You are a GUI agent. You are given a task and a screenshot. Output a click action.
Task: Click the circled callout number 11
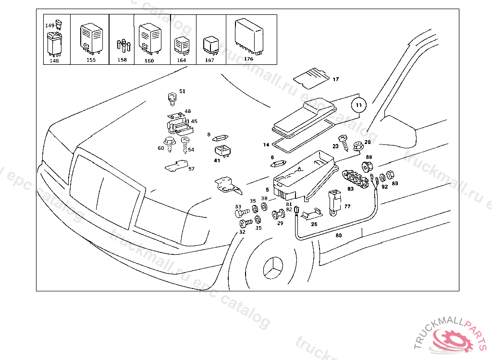[359, 104]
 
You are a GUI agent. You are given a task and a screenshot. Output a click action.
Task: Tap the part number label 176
[248, 59]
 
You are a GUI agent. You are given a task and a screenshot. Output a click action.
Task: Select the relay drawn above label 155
[91, 37]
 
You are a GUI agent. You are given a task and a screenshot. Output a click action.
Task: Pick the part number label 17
[335, 79]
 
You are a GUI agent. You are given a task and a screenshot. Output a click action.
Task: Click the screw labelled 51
[172, 98]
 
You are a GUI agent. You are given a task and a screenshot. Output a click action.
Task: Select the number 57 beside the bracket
[191, 169]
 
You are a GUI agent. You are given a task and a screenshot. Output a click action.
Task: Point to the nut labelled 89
[390, 176]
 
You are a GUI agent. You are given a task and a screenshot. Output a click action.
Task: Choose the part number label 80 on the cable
[338, 236]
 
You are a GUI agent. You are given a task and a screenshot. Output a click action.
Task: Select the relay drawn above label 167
[210, 44]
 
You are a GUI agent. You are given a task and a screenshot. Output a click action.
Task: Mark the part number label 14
[266, 144]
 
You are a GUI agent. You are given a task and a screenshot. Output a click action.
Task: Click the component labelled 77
[334, 201]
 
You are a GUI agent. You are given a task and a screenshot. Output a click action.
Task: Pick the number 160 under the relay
[149, 60]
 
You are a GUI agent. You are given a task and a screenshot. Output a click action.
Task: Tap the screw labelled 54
[185, 142]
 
